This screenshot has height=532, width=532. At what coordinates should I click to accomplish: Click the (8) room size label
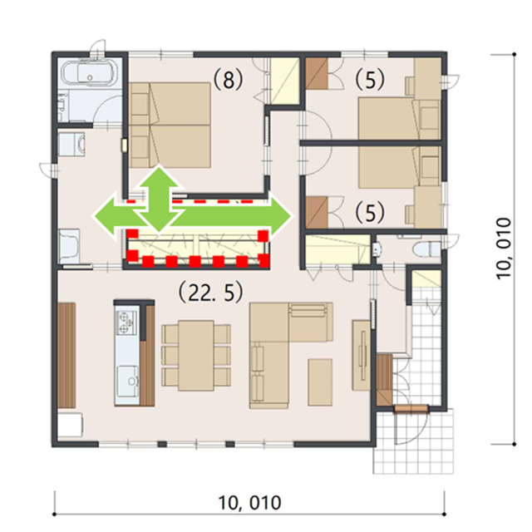pos(228,80)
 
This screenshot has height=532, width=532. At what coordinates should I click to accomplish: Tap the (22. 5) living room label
pos(210,293)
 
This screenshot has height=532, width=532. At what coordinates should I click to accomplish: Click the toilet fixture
pos(426,249)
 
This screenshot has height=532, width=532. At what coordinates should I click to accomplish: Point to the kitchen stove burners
pos(126,322)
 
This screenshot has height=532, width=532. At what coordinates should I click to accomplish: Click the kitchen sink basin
pos(128,381)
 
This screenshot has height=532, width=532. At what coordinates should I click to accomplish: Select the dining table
pos(196,355)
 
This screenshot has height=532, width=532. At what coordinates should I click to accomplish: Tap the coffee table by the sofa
pos(320,382)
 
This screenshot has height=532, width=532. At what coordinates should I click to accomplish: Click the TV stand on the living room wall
pos(361,355)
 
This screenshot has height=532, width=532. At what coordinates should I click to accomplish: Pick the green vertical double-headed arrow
pos(159,199)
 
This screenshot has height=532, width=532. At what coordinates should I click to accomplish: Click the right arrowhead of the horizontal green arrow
pos(280,216)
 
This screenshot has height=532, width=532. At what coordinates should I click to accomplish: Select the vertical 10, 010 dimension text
pos(504,249)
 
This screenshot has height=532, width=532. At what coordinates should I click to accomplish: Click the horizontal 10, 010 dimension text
pos(249,502)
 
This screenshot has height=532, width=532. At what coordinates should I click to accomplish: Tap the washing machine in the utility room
pos(71,144)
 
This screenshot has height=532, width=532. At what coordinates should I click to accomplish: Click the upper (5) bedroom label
pos(370,80)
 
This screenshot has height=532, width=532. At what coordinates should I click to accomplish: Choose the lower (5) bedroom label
pos(370,212)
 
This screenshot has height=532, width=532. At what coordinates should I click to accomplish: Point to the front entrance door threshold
pos(411,409)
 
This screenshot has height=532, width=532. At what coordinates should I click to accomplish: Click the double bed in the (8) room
pos(170,126)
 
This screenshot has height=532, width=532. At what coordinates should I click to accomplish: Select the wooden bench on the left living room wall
pos(66,355)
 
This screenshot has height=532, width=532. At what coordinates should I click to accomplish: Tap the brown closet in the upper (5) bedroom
pos(317,74)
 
